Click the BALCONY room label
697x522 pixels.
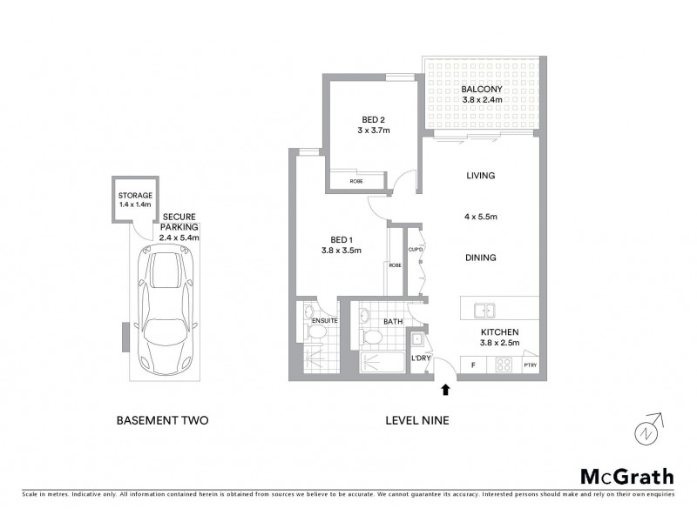pos(480,89)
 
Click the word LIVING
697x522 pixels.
pos(480,176)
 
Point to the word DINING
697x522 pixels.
pos(480,258)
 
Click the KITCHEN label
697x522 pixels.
pos(500,332)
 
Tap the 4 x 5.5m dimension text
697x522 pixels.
pos(480,217)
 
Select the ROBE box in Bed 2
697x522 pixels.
pos(356,182)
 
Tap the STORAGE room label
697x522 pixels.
pos(135,196)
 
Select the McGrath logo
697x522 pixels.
pos(626,476)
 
